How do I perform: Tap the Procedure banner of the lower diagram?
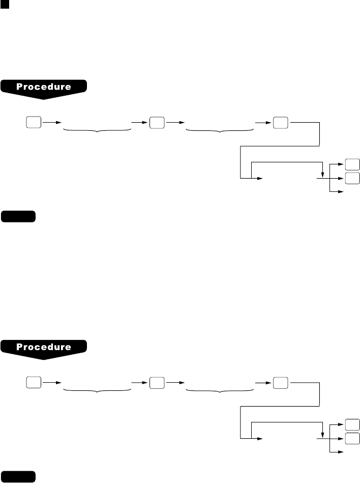click(x=44, y=347)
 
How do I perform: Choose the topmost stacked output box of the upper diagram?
click(x=352, y=164)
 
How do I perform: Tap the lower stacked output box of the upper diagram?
click(x=352, y=178)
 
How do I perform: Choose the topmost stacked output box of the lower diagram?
click(x=352, y=424)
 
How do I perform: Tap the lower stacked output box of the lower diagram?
click(x=352, y=438)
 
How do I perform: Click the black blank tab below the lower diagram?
click(x=18, y=477)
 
